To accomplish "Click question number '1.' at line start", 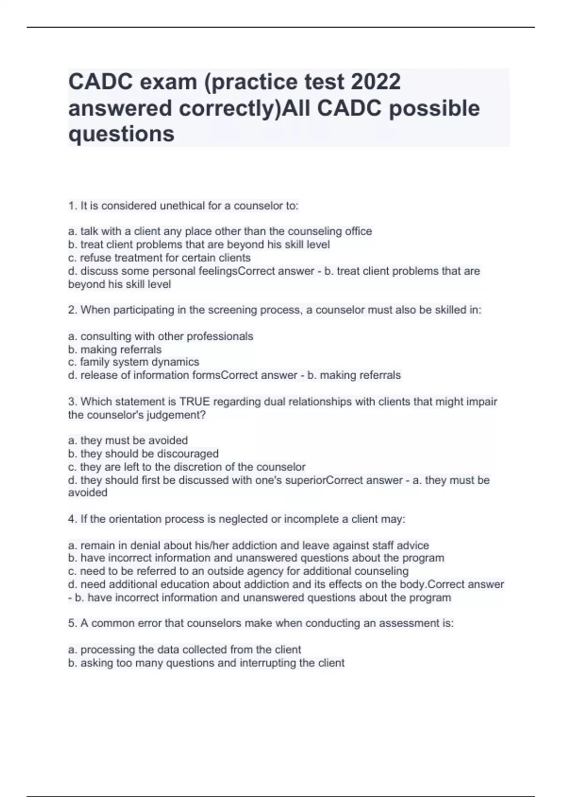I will tap(73, 206).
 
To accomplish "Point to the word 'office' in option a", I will tap(358, 231).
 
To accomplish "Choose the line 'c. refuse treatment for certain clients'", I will tap(159, 258).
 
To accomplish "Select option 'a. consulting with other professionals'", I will tap(161, 336).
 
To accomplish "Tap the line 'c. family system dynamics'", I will tap(133, 362).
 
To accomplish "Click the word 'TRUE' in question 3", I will tap(195, 402).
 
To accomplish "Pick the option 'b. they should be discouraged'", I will tap(143, 454).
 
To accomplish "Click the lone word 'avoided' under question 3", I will tap(88, 493).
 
